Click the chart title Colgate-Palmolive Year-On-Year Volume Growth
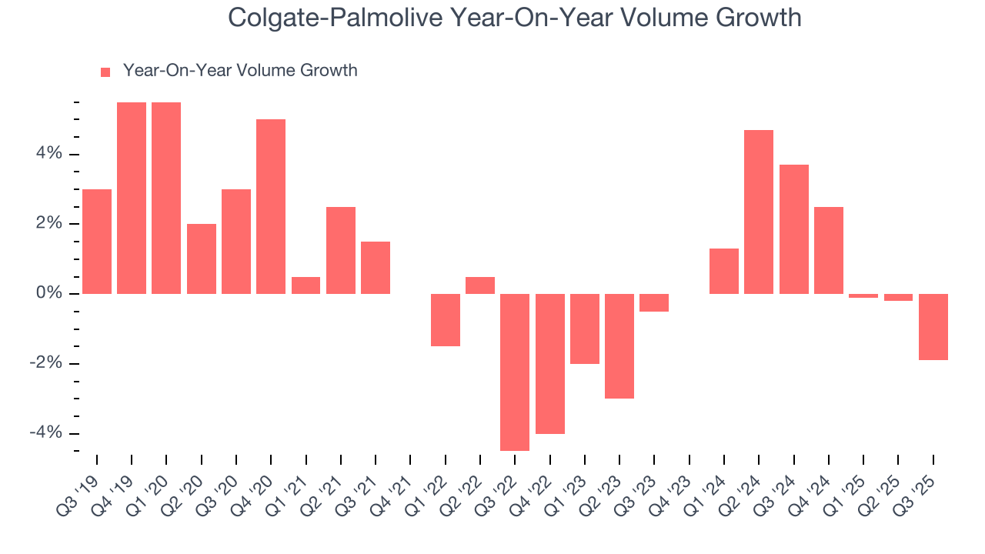coord(515,17)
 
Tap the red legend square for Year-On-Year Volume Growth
coord(105,72)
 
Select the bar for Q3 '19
coord(97,242)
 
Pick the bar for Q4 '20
coord(271,206)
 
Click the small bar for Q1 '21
coord(306,285)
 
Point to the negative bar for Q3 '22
coord(515,372)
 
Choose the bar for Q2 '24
coord(759,212)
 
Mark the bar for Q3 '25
coord(933,327)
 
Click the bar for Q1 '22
coord(446,320)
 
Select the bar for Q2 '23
coord(619,346)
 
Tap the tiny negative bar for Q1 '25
coord(863,295)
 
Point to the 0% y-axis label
coord(49,294)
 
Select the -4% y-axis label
coord(46,433)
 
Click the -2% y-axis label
coord(46,364)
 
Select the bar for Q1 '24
coord(724,271)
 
